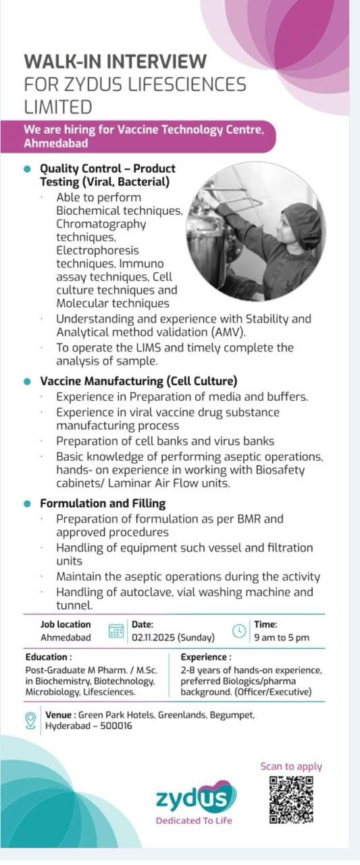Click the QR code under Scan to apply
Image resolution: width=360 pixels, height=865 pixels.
point(292,799)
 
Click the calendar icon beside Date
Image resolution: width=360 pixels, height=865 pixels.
point(116,631)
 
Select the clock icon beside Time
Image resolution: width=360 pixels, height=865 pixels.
point(239,631)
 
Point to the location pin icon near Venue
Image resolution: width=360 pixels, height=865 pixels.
point(30,720)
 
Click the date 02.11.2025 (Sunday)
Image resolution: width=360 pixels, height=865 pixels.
point(173,637)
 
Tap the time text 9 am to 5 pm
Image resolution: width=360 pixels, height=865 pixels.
point(282,637)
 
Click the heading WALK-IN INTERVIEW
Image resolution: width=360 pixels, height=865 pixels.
point(115,61)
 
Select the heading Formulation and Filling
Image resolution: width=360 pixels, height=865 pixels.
point(103,503)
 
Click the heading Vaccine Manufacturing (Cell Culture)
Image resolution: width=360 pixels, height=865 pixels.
point(138,381)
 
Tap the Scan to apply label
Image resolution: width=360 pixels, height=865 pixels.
point(291,766)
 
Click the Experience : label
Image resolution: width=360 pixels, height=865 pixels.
point(206,657)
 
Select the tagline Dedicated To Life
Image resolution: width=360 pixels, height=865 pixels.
point(194,821)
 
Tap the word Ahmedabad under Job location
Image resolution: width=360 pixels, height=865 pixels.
point(66,637)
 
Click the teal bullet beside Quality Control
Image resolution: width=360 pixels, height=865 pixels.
point(28,168)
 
